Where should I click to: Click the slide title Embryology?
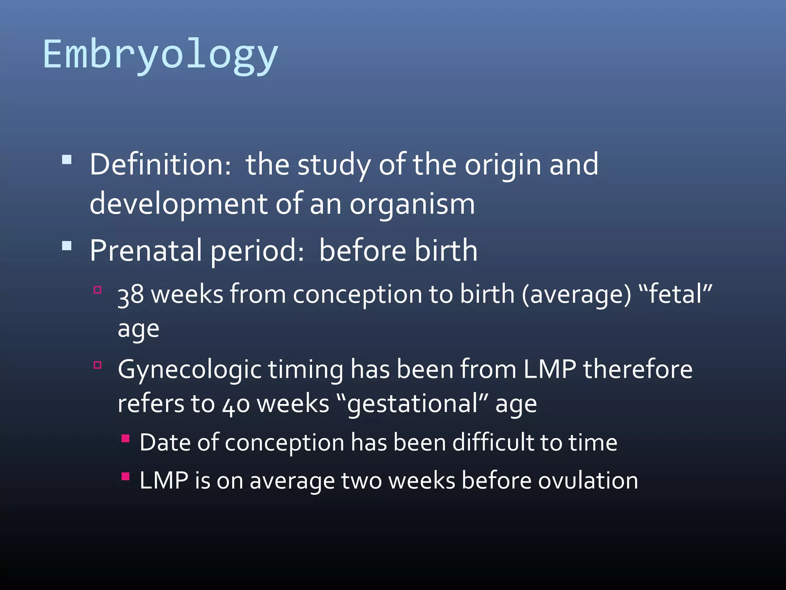click(160, 55)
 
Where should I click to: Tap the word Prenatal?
click(145, 250)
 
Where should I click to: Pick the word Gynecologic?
click(190, 370)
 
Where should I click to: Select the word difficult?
click(493, 442)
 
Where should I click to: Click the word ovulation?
click(588, 481)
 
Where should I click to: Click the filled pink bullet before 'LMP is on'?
click(125, 477)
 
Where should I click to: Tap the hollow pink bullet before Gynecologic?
click(97, 365)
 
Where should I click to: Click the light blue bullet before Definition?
click(67, 159)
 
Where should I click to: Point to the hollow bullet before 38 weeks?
click(97, 290)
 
